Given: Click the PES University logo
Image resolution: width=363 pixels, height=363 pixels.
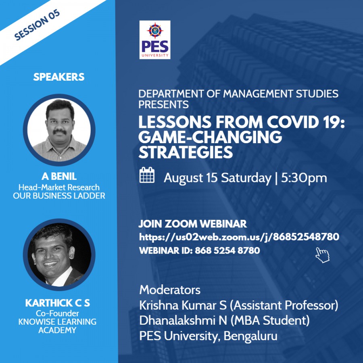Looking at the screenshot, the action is pos(155,40).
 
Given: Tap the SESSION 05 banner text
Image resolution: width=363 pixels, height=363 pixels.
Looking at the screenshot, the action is pos(37,25).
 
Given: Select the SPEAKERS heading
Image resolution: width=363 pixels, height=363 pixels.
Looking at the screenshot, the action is pos(59,77).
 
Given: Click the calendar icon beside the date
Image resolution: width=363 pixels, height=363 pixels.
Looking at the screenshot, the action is pos(147,175).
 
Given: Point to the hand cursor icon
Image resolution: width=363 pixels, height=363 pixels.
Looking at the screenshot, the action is pos(322,255).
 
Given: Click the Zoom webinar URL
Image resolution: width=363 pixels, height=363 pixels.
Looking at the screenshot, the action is pos(239,237).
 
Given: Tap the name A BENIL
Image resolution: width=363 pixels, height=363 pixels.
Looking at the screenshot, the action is pos(59,176).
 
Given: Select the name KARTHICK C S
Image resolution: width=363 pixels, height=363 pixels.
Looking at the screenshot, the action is pos(57,303).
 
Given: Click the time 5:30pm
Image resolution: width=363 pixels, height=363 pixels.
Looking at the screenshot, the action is pos(304,178).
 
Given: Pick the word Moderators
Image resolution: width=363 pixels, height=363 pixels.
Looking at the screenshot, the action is pos(170,290).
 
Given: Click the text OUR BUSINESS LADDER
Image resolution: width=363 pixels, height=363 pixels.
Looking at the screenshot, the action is pos(59,196).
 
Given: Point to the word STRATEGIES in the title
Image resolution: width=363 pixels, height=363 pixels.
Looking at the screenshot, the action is pos(186,152).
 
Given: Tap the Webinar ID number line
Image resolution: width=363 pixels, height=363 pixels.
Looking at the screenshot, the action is pos(200,250).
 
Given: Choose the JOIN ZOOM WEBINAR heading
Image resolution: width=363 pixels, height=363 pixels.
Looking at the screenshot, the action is pos(193,223).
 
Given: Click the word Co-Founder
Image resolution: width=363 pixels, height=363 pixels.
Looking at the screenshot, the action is pos(57,313).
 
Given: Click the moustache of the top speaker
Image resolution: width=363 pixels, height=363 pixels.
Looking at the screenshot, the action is pos(60,131).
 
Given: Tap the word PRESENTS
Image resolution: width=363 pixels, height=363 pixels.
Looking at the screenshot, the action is pos(163,104).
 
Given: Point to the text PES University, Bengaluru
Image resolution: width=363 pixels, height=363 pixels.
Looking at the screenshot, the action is pos(209,336).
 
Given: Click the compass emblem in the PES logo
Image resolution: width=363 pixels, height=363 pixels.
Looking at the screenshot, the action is pos(155,31).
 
